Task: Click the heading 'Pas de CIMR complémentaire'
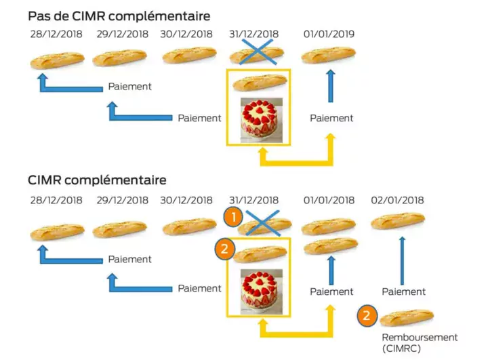coord(119,16)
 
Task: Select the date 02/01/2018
coord(398,200)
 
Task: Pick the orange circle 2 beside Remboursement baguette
coord(367,316)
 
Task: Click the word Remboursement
coord(420,337)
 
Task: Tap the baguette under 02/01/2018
coord(398,220)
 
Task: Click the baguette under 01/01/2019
coord(328,56)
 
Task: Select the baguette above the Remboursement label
coord(407,317)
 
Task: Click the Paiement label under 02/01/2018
coord(404,292)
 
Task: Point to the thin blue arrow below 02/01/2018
coord(403,261)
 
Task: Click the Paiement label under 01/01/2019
coord(331,118)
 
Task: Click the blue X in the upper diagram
coord(260,52)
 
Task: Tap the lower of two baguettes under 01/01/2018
coord(331,246)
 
